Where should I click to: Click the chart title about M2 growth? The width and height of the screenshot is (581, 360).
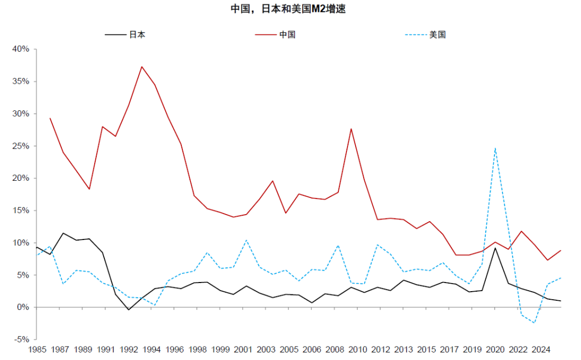point(291,9)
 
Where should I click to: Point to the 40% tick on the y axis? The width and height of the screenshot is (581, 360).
point(21,49)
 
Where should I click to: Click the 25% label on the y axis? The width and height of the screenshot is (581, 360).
point(21,146)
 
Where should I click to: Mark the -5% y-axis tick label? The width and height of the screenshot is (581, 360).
point(21,340)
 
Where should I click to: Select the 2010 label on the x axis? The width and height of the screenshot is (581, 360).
point(358,350)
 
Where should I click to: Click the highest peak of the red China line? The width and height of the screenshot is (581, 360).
point(141,67)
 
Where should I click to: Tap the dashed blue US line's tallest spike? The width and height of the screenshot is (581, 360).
point(495,148)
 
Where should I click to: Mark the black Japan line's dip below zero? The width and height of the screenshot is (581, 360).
point(129,309)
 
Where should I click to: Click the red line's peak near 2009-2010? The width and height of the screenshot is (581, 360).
point(351,129)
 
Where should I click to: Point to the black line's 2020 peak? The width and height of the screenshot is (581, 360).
point(495,248)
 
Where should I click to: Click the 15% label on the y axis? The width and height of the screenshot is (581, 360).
point(21,210)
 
